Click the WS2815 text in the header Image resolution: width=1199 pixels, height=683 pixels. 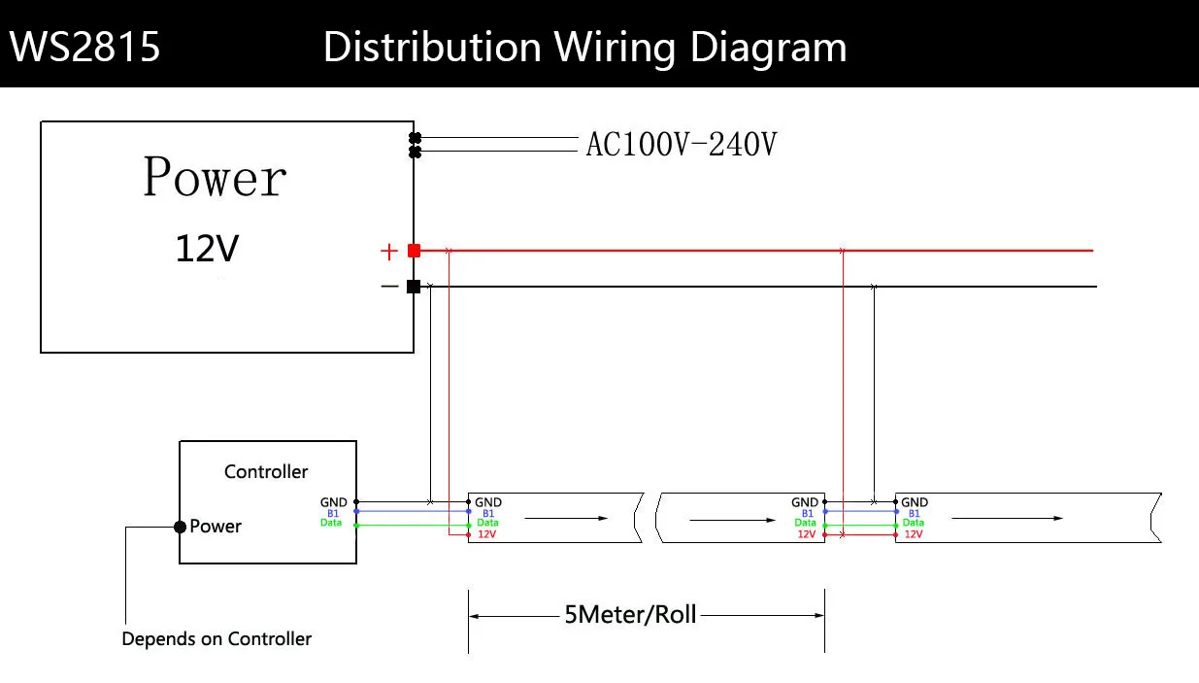click(85, 47)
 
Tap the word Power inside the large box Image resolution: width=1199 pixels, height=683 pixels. click(215, 178)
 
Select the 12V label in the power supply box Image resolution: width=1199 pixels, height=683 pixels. click(206, 250)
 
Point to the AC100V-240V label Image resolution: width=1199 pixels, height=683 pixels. click(681, 145)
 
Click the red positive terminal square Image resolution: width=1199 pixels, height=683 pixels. click(414, 251)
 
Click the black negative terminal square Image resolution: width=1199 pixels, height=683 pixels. click(414, 287)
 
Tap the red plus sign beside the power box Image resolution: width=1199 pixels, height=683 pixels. click(389, 253)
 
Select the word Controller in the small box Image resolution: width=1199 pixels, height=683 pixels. click(266, 471)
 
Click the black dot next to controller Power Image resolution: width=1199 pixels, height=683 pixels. click(180, 527)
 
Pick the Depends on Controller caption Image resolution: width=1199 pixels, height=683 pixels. click(216, 639)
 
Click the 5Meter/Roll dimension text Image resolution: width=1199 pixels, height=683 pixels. click(630, 615)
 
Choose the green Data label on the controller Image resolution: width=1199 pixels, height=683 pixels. click(331, 524)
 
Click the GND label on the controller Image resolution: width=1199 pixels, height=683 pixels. click(333, 502)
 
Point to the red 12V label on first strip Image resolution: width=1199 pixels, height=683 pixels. click(487, 534)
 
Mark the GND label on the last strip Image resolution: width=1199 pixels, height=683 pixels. click(915, 502)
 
